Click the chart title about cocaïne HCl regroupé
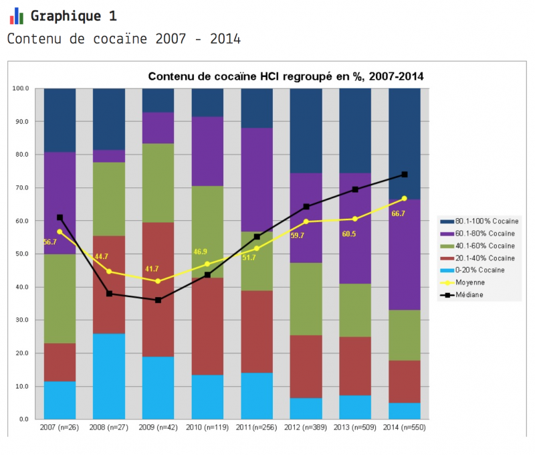click(286, 77)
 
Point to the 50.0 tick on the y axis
click(21, 254)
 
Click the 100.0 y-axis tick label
click(20, 88)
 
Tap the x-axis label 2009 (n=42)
click(158, 428)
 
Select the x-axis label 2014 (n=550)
click(404, 428)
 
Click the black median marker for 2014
click(405, 175)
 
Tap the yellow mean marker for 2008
click(109, 272)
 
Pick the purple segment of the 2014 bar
click(405, 254)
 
